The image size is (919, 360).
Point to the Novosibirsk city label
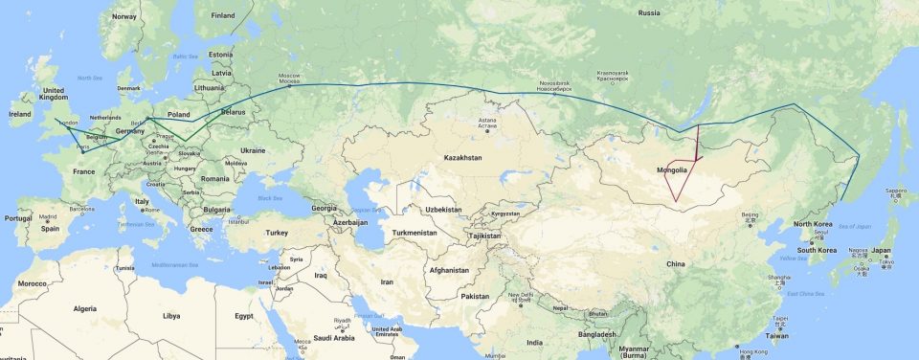pos(554,84)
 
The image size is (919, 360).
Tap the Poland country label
pos(179,113)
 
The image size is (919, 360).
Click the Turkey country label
pos(277,233)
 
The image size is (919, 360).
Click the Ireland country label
pos(19,114)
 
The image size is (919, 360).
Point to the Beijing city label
pos(750,215)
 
